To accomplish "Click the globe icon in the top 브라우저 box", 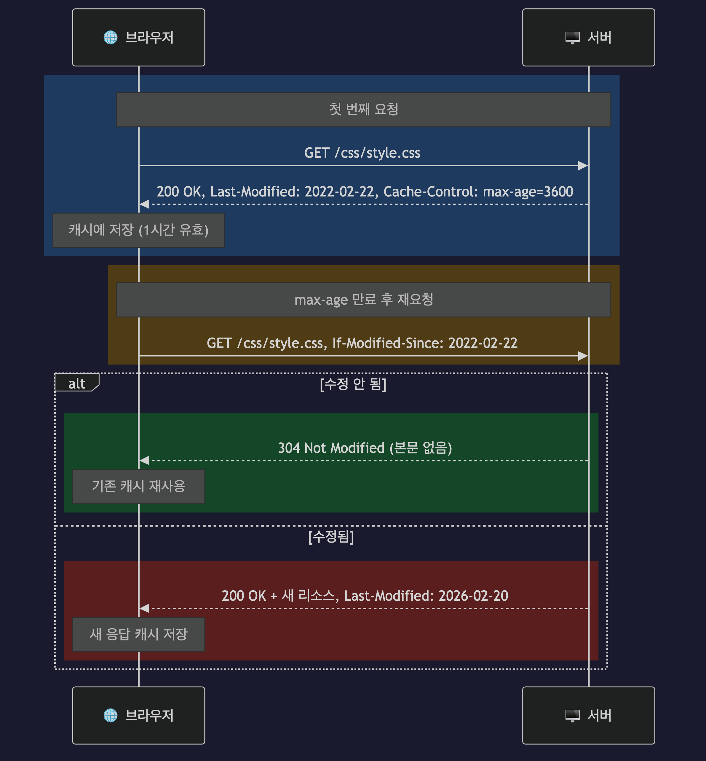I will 111,37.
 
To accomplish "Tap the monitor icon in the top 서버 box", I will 572,37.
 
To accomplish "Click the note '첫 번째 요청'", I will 363,109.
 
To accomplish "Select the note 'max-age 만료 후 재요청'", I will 363,300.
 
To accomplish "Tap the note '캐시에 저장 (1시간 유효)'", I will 138,230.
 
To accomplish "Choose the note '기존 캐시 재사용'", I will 138,486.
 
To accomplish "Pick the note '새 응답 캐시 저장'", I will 138,634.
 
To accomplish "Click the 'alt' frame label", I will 77,383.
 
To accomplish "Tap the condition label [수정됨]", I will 331,536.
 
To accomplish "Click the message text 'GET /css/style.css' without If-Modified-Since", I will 362,153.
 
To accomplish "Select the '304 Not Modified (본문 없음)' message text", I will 365,448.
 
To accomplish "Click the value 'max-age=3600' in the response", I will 528,191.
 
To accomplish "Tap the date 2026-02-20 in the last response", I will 473,596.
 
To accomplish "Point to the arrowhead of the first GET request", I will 583,165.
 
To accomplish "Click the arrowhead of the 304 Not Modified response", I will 144,460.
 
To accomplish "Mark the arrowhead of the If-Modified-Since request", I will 583,356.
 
